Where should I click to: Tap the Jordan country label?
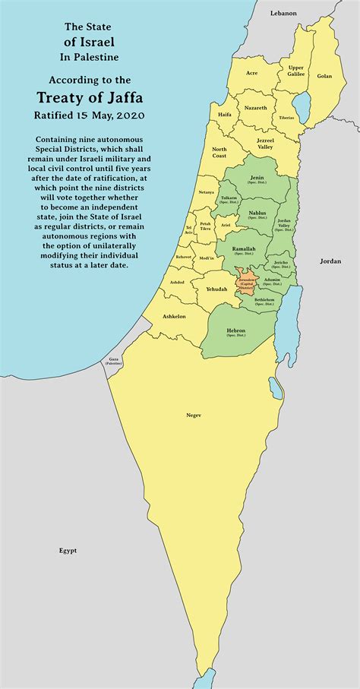(330, 261)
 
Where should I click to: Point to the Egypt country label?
(68, 550)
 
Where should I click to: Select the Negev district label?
(194, 415)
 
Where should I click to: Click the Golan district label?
(324, 76)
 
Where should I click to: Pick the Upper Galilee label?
(295, 71)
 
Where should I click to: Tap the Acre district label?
(252, 73)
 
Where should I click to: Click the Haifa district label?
(224, 114)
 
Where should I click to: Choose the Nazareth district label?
(255, 108)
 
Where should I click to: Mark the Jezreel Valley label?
(267, 143)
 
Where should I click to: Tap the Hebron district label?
(235, 332)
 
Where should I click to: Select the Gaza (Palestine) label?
(114, 360)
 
